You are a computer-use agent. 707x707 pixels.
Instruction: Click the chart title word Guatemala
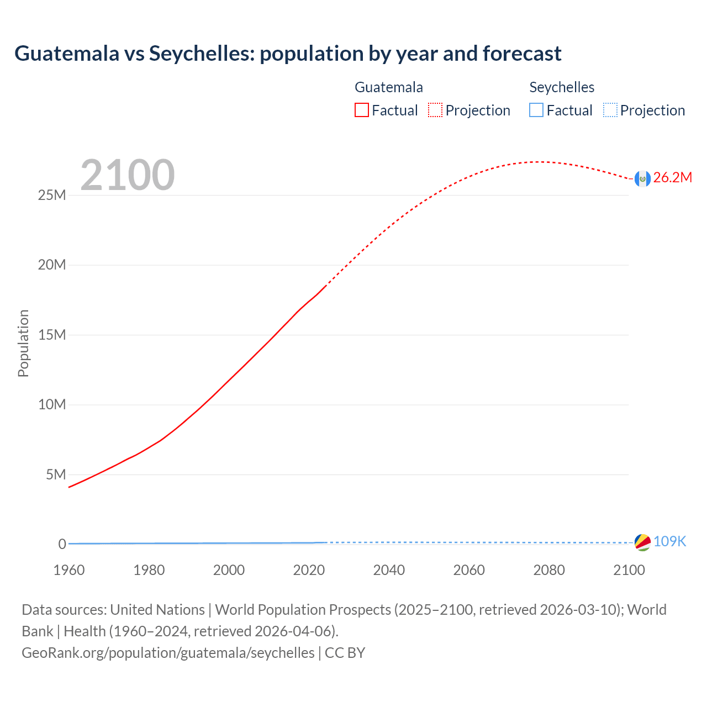[x=67, y=54]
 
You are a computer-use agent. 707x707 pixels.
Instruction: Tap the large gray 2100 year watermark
[x=128, y=175]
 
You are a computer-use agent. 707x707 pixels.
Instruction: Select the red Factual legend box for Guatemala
[x=361, y=110]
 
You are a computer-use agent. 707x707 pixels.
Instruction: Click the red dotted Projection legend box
[x=435, y=110]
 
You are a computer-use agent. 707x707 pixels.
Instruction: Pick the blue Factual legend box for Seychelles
[x=536, y=110]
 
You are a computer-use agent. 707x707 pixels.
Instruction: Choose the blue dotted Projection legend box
[x=610, y=110]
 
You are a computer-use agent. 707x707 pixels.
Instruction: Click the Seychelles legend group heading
[x=562, y=87]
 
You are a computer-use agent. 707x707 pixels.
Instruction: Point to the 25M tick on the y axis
[x=52, y=196]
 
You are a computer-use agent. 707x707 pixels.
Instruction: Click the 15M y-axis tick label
[x=52, y=335]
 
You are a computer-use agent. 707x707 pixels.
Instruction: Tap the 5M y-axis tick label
[x=56, y=475]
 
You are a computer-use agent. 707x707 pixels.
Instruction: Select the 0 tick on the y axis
[x=62, y=545]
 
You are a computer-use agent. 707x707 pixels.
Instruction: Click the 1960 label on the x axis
[x=69, y=570]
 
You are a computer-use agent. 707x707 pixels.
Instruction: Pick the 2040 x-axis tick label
[x=389, y=570]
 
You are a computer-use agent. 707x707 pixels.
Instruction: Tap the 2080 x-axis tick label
[x=549, y=570]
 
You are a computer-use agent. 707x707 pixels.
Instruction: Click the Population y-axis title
[x=23, y=343]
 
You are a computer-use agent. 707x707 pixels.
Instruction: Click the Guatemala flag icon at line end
[x=642, y=178]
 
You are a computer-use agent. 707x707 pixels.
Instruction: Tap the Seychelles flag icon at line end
[x=642, y=542]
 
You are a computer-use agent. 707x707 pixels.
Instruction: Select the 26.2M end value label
[x=672, y=178]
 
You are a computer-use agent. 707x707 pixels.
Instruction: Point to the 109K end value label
[x=669, y=542]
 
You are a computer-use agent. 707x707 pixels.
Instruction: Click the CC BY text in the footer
[x=345, y=653]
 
